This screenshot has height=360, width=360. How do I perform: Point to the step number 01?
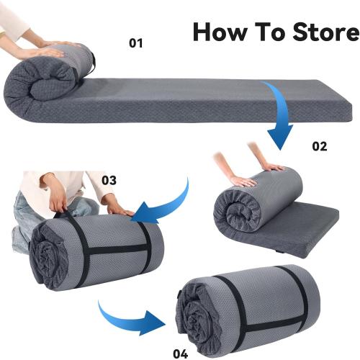coord(136,44)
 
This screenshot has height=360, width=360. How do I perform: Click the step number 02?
coord(319,146)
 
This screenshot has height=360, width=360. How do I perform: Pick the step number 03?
coord(109,180)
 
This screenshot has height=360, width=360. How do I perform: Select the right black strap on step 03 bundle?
coord(145,245)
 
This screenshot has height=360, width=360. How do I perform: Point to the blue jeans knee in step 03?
coord(25,216)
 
